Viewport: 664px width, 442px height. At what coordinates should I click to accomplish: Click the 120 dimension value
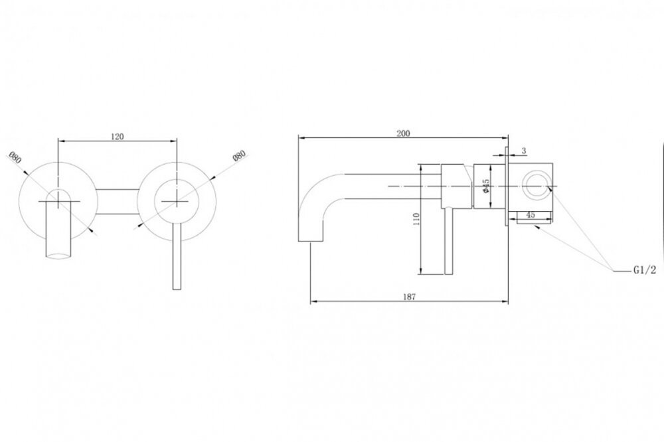click(118, 136)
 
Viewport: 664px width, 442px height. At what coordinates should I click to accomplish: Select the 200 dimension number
click(403, 133)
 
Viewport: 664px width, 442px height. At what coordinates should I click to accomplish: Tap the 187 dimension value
click(409, 297)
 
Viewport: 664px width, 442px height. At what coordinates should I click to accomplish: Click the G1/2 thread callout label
click(645, 270)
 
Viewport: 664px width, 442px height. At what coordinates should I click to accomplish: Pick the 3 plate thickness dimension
click(524, 151)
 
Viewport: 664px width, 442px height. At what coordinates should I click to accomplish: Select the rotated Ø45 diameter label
click(486, 186)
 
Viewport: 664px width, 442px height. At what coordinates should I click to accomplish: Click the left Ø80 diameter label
click(15, 157)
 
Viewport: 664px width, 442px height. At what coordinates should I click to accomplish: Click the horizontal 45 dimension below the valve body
click(530, 214)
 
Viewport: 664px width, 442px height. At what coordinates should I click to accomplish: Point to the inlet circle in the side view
click(536, 186)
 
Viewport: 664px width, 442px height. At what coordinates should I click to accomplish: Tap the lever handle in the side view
click(449, 242)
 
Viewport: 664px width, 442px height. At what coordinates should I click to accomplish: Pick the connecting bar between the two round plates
click(117, 201)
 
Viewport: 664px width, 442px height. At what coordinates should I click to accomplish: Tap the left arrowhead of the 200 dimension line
click(301, 137)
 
